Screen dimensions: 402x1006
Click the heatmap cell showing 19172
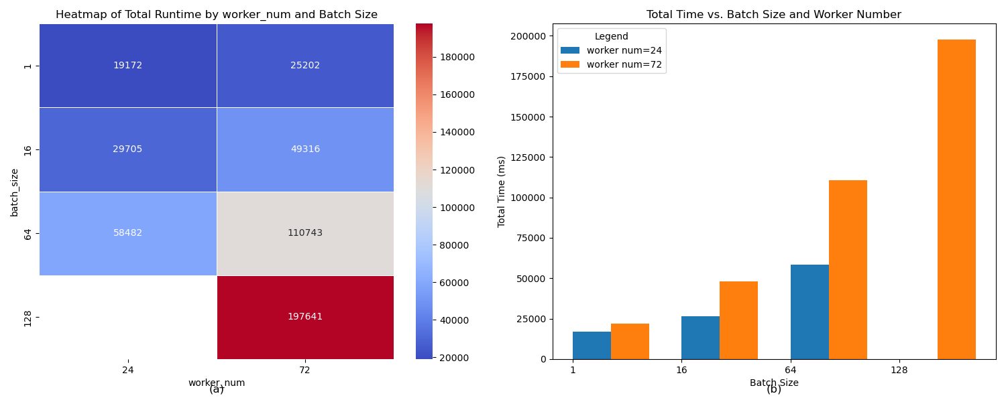[127, 66]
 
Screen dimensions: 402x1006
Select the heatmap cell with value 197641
[305, 317]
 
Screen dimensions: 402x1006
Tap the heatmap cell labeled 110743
[305, 233]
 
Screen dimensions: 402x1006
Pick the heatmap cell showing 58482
[127, 233]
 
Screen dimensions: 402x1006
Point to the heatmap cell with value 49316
[305, 149]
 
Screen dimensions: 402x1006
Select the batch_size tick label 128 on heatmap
[27, 317]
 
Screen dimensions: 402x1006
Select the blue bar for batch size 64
[809, 312]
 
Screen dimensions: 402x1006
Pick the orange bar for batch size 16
[738, 320]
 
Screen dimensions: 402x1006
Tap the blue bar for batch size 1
[592, 345]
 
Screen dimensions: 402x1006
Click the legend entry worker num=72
[624, 65]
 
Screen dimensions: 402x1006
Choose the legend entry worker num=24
[624, 50]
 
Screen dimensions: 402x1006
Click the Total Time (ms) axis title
[502, 192]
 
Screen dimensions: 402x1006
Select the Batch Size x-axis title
[774, 383]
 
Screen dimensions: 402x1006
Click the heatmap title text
[217, 15]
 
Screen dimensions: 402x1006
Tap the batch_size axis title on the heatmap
[15, 192]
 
